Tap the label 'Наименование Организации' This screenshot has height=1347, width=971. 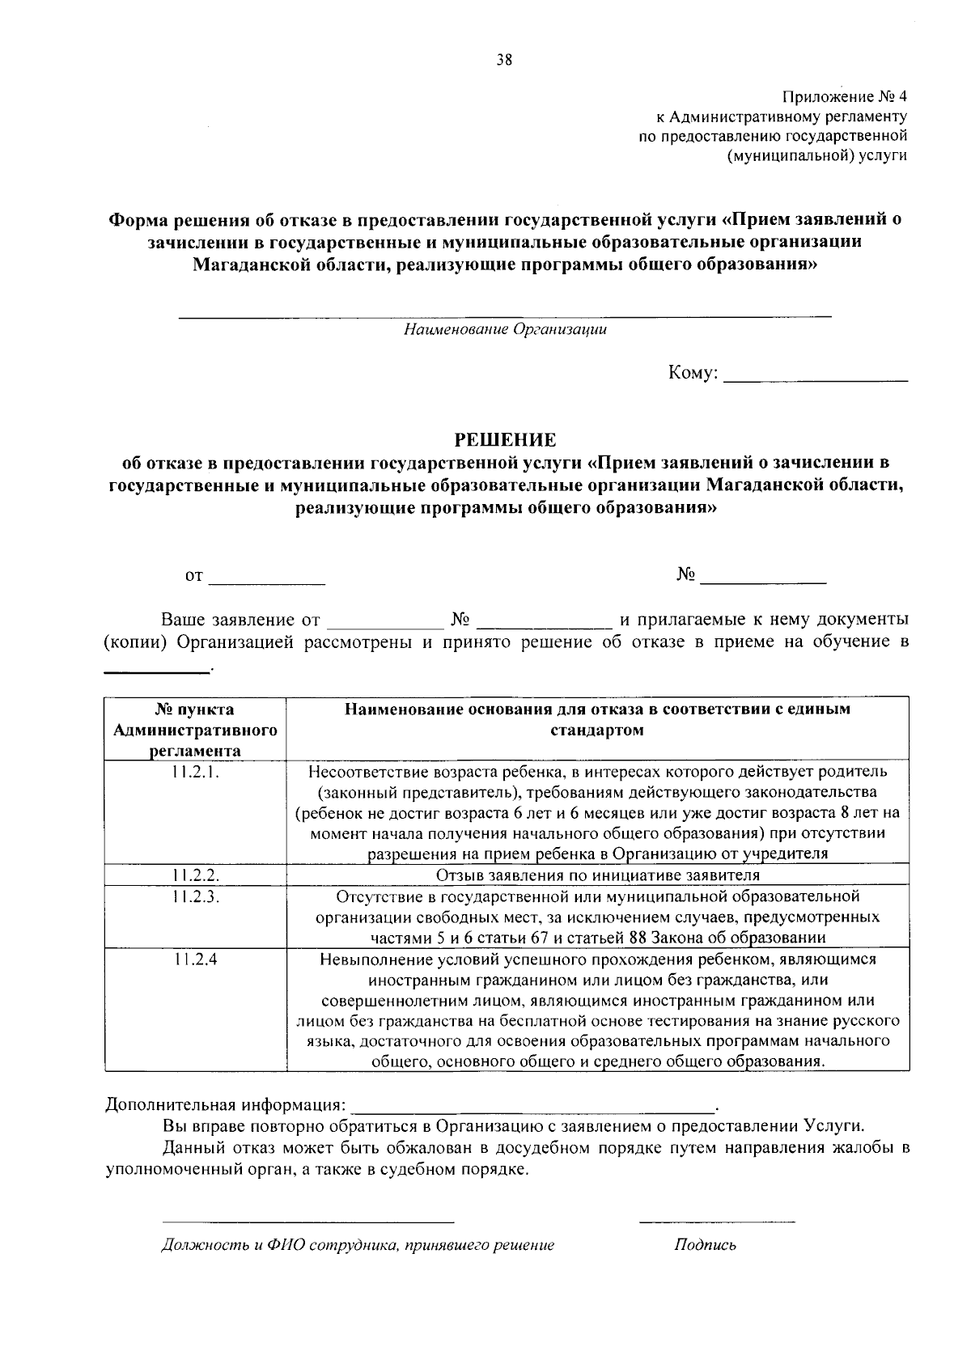pyautogui.click(x=506, y=329)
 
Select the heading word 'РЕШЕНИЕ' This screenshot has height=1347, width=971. pyautogui.click(x=505, y=440)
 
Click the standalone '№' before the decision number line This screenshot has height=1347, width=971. pyautogui.click(x=686, y=575)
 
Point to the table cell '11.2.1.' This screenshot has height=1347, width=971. pyautogui.click(x=195, y=772)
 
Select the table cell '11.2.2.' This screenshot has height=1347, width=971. pyautogui.click(x=195, y=875)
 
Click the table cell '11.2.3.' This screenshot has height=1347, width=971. pyautogui.click(x=195, y=896)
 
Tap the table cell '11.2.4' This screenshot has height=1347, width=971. pyautogui.click(x=195, y=959)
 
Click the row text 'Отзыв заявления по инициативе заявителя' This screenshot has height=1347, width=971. pyautogui.click(x=597, y=875)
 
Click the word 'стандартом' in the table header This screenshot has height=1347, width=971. pyautogui.click(x=597, y=731)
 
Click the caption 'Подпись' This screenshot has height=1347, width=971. pyautogui.click(x=705, y=1245)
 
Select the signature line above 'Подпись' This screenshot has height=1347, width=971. pyautogui.click(x=716, y=1220)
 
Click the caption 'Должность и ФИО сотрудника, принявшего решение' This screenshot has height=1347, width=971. pyautogui.click(x=358, y=1245)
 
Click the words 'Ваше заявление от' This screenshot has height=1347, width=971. pyautogui.click(x=240, y=621)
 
